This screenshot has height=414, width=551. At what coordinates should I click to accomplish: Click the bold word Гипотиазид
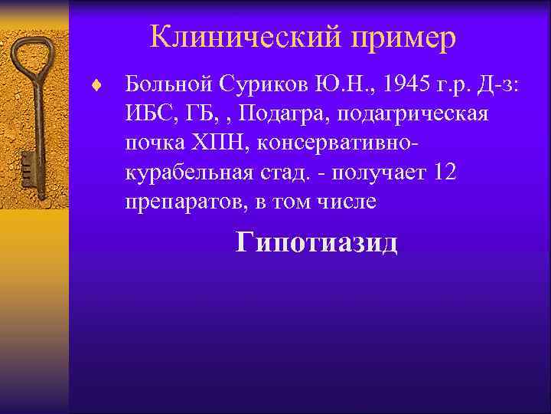tap(317, 243)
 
